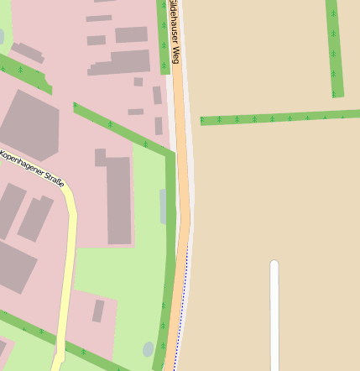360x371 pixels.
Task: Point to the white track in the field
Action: coord(274,319)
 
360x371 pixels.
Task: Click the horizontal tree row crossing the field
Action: coord(277,118)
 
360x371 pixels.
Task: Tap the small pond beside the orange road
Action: coord(149,348)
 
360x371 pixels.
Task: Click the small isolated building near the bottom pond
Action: coord(98,311)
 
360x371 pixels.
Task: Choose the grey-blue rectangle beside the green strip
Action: coord(163,206)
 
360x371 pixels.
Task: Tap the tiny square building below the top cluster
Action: coord(138,81)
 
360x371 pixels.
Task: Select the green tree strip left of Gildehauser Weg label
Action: coord(163,38)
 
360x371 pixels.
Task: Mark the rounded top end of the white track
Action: coord(274,265)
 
